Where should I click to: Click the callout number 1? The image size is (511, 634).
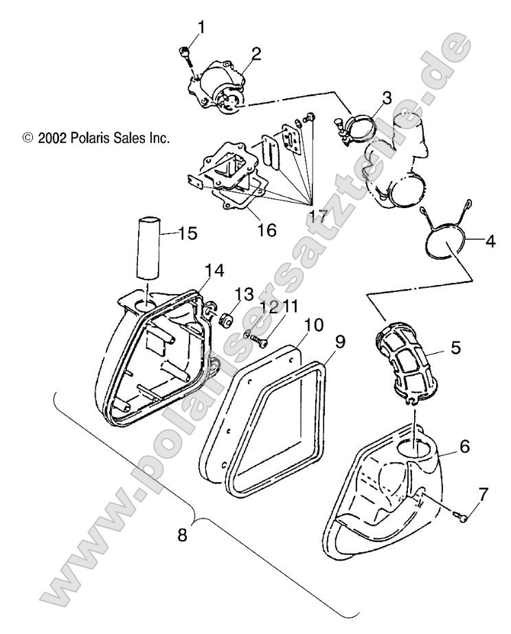point(201,28)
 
